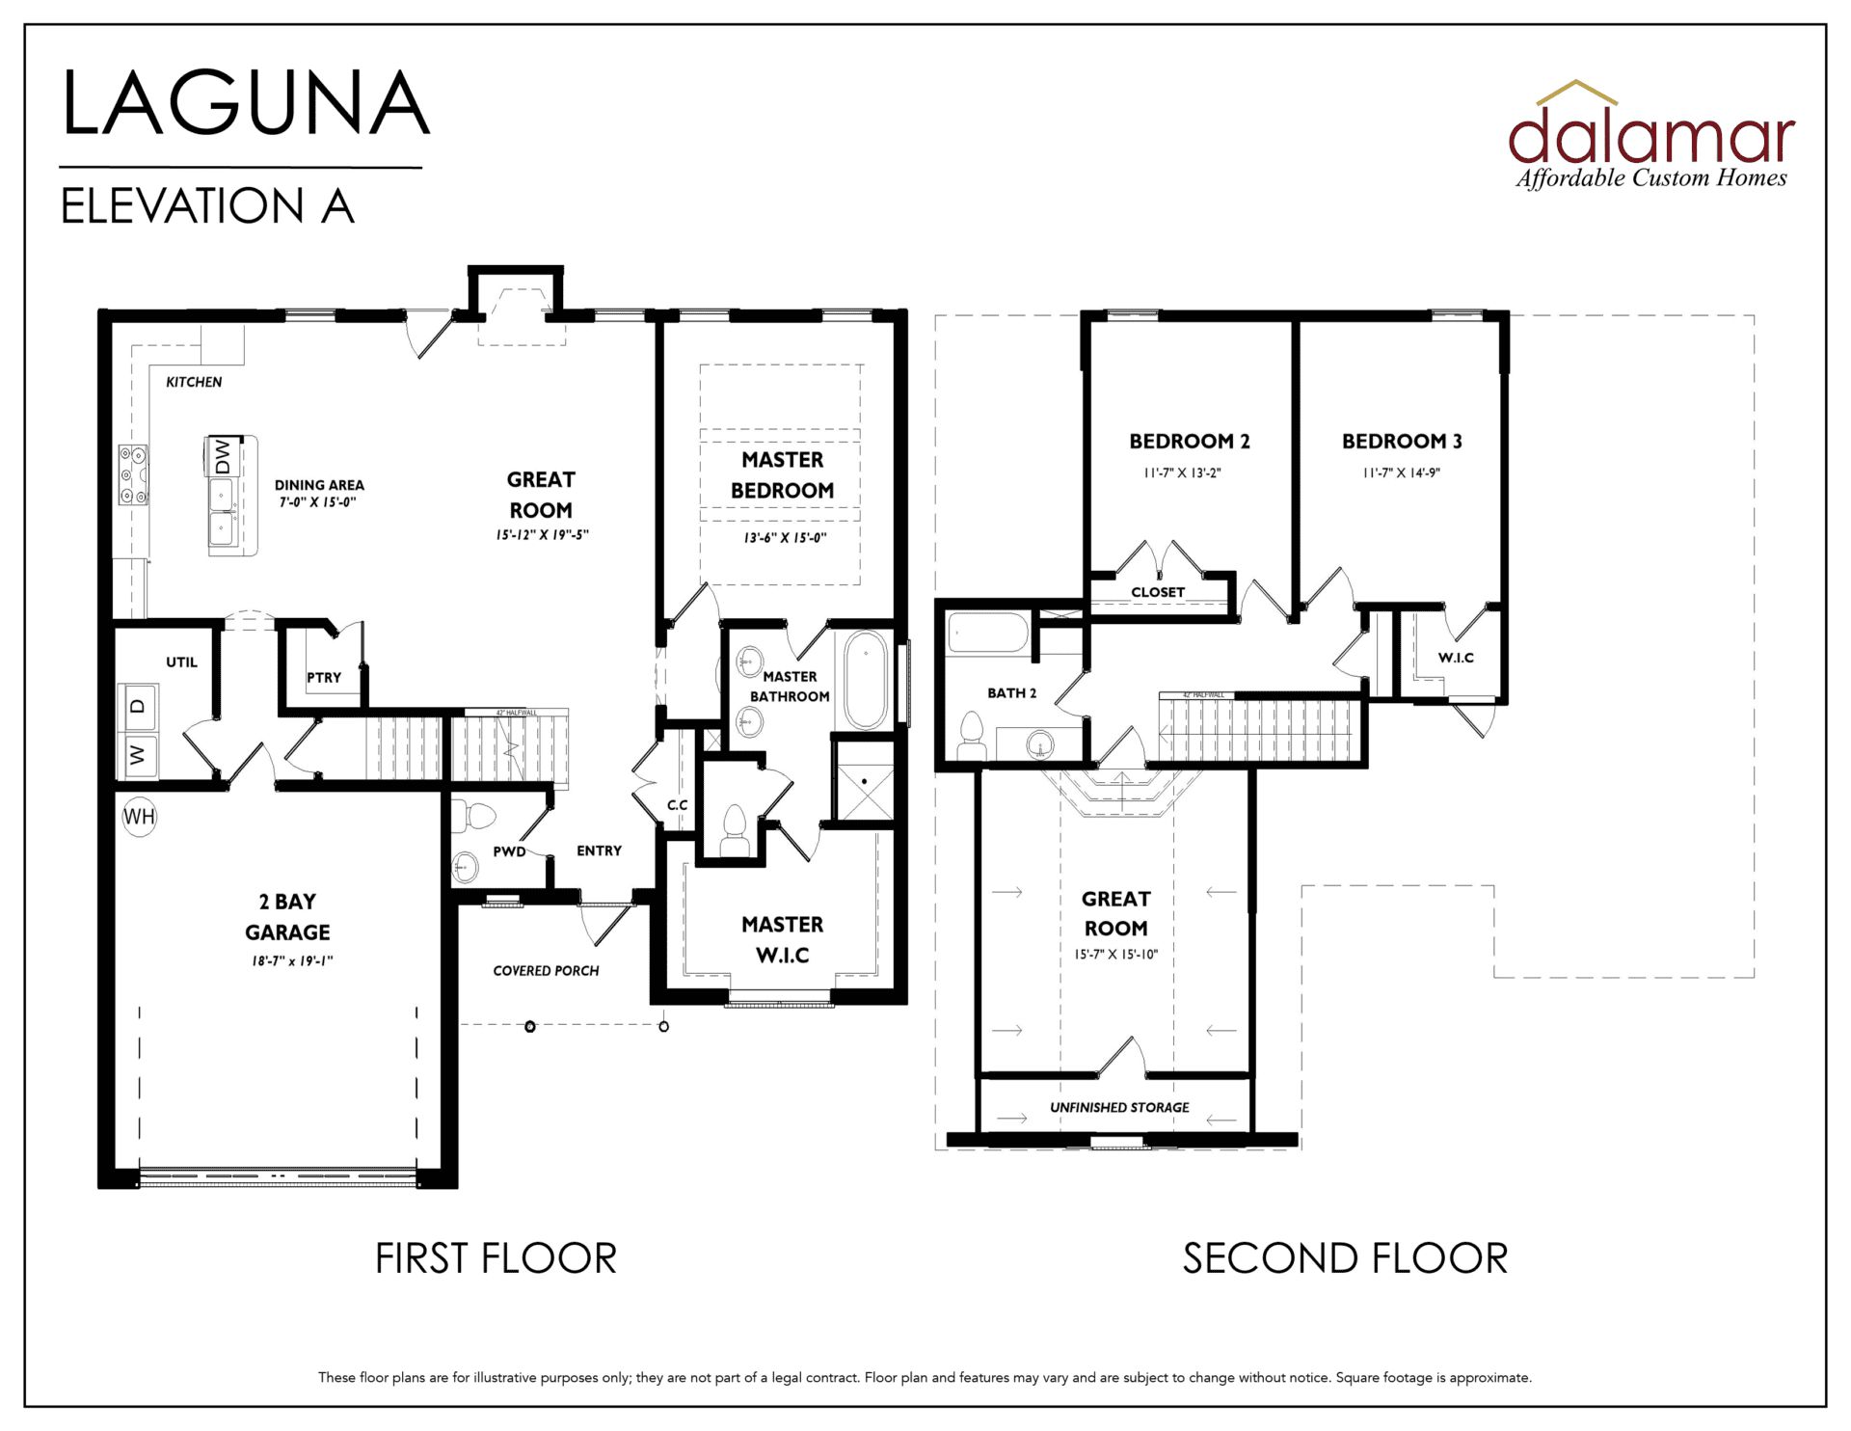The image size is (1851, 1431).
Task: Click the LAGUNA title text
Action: pyautogui.click(x=245, y=103)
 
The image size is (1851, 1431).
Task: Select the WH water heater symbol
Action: pyautogui.click(x=139, y=817)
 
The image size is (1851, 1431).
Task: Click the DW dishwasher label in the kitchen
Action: pyautogui.click(x=223, y=455)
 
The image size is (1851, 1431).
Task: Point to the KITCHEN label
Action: pyautogui.click(x=194, y=382)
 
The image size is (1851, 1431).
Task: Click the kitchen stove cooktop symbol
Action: pyautogui.click(x=133, y=474)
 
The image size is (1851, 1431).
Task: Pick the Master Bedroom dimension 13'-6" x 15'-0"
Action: pyautogui.click(x=785, y=538)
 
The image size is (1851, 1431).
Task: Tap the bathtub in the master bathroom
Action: pyautogui.click(x=866, y=680)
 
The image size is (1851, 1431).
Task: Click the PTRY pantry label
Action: pyautogui.click(x=324, y=678)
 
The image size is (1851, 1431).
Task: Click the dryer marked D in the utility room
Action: pyautogui.click(x=138, y=706)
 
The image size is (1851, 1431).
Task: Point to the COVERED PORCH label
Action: pyautogui.click(x=546, y=971)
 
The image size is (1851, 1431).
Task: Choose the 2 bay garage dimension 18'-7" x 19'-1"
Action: pyautogui.click(x=292, y=960)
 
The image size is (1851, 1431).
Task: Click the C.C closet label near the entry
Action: pyautogui.click(x=678, y=805)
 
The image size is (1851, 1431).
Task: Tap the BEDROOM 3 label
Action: pyautogui.click(x=1402, y=442)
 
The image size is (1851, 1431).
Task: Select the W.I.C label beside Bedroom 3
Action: pyautogui.click(x=1456, y=658)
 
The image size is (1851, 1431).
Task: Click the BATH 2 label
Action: pyautogui.click(x=1012, y=693)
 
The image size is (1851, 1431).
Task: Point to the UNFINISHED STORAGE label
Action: pyautogui.click(x=1119, y=1107)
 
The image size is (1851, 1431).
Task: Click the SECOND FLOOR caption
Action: pyautogui.click(x=1345, y=1258)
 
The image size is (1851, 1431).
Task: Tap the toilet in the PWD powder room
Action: pyautogui.click(x=474, y=816)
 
